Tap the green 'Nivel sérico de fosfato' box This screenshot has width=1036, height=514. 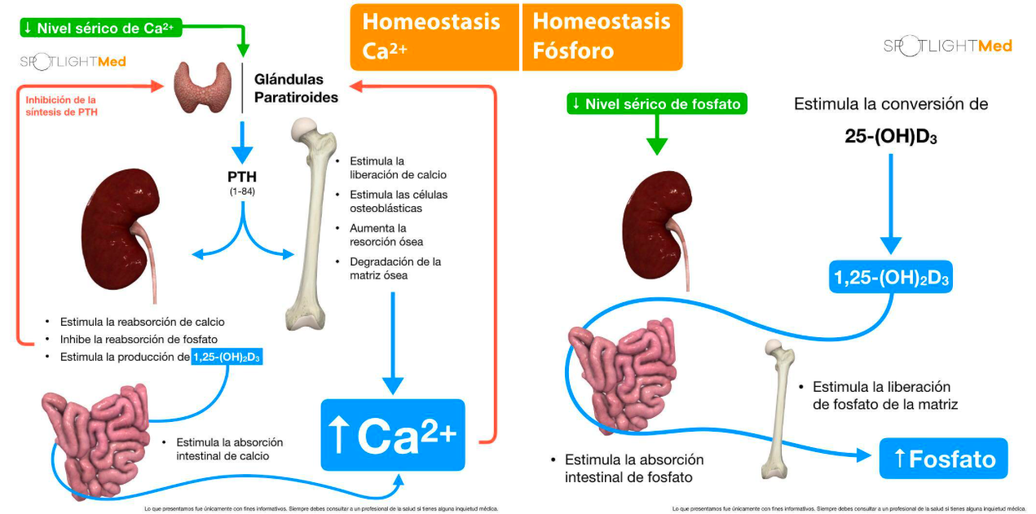(x=656, y=103)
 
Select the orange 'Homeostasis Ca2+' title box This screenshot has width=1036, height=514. (x=434, y=37)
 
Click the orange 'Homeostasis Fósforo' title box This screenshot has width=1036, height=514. (x=602, y=37)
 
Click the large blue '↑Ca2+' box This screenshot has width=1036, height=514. (x=392, y=434)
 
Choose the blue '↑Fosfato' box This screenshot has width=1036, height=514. (x=943, y=459)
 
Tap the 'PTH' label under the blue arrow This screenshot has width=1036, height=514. (x=243, y=177)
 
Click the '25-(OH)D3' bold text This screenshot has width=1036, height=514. (x=890, y=136)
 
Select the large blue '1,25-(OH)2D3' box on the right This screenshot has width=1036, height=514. (x=890, y=277)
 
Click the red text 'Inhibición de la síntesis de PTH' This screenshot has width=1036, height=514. (x=61, y=105)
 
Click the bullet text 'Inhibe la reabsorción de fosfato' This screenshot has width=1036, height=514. (x=139, y=339)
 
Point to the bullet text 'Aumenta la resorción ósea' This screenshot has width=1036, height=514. (x=386, y=235)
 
